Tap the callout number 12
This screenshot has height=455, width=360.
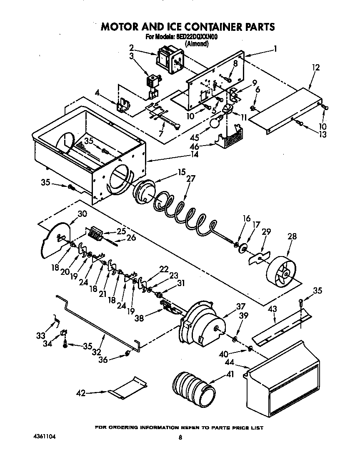click(x=315, y=68)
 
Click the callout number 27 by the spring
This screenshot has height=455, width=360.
click(x=190, y=179)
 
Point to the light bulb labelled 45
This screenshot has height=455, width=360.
click(x=215, y=123)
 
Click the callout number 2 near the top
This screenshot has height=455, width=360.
click(x=131, y=47)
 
